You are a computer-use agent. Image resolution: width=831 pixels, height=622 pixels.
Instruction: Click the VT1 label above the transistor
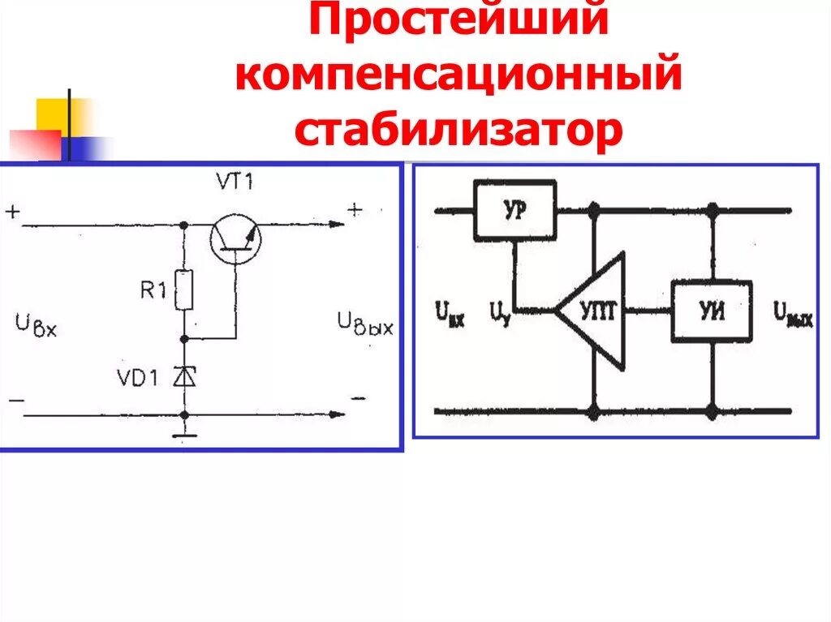pos(234,182)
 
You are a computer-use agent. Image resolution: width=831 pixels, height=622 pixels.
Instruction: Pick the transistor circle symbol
pos(234,237)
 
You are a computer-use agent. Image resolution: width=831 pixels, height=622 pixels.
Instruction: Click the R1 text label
pos(153,290)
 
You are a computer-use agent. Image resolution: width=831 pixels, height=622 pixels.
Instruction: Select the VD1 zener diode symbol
pos(185,376)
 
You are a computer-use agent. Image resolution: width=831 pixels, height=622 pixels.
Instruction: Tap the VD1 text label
pos(144,378)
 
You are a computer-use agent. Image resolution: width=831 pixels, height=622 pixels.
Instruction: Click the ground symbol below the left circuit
pos(185,439)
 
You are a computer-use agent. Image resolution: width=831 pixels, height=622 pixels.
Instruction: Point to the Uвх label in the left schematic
pos(37,326)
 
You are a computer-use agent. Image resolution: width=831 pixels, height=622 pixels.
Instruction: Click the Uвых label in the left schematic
pos(365,326)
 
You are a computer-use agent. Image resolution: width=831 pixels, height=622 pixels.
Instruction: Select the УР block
pos(515,209)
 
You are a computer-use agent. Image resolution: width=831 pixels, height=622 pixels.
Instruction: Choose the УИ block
pos(711,311)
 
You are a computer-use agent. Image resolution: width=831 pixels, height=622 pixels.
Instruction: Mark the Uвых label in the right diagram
pos(792,313)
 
